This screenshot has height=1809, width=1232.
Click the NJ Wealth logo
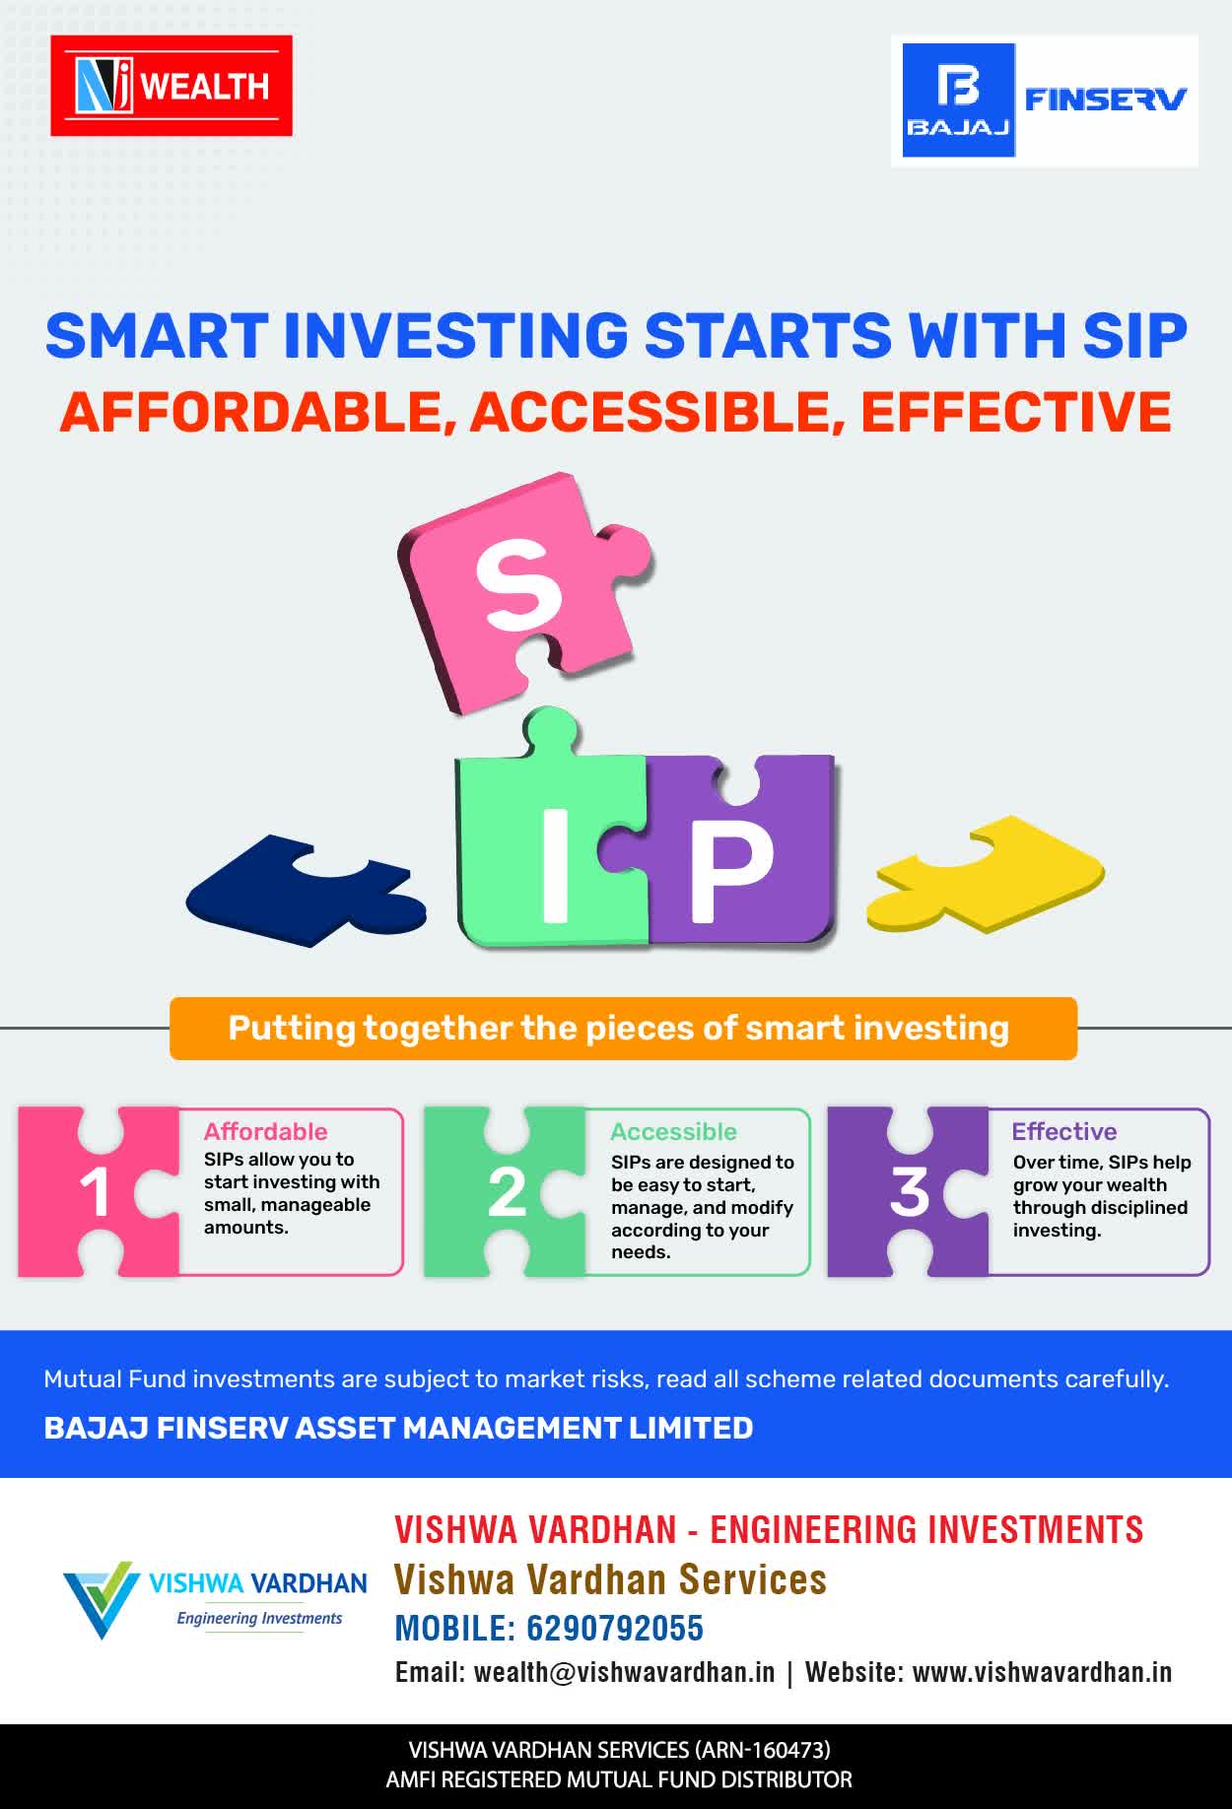[171, 86]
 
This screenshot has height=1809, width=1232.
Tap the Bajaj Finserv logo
[1045, 100]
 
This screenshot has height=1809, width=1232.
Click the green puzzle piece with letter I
[552, 837]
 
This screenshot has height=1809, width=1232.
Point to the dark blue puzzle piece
[306, 891]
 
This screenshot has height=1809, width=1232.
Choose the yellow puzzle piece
[986, 874]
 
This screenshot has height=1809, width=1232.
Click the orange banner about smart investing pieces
[623, 1029]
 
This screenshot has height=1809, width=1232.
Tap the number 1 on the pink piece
[95, 1193]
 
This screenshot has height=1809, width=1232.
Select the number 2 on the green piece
[507, 1193]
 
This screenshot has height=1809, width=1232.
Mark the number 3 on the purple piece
[909, 1192]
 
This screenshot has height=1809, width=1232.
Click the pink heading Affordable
[266, 1131]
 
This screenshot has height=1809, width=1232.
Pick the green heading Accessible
[674, 1131]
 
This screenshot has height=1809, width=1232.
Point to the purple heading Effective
[1064, 1131]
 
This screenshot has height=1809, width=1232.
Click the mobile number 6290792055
[615, 1628]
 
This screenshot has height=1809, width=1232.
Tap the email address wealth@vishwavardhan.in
[625, 1672]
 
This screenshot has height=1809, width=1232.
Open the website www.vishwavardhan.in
[1043, 1672]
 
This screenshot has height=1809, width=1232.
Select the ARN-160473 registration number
[763, 1750]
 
